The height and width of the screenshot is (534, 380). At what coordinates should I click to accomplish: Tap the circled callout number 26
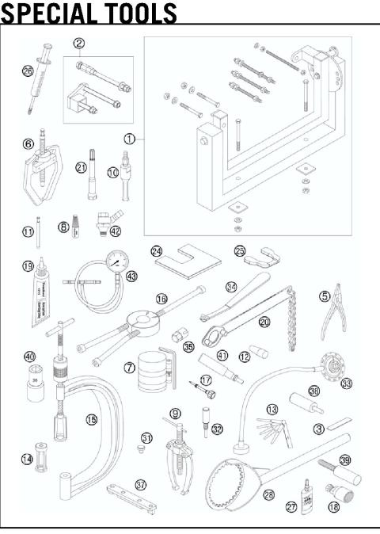28,71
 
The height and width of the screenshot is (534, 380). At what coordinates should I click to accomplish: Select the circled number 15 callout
93,418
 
